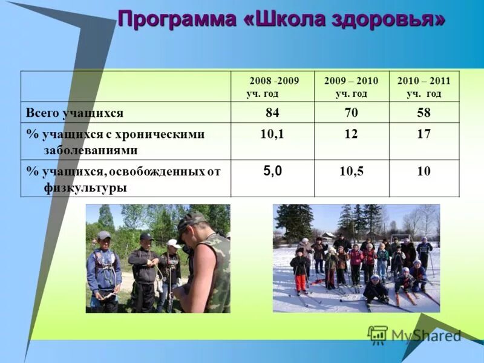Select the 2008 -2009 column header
[273, 87]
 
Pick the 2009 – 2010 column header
[351, 87]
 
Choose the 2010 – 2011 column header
[423, 87]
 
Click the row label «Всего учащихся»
[74, 113]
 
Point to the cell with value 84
[272, 113]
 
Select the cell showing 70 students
[351, 113]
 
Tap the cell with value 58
[423, 113]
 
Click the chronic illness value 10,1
[272, 134]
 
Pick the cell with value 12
[351, 134]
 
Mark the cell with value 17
[423, 134]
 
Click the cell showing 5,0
[272, 171]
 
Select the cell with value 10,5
[351, 172]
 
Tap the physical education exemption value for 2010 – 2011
[423, 172]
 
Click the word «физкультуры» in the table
[85, 188]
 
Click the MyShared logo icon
[378, 335]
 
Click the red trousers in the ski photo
[301, 283]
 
